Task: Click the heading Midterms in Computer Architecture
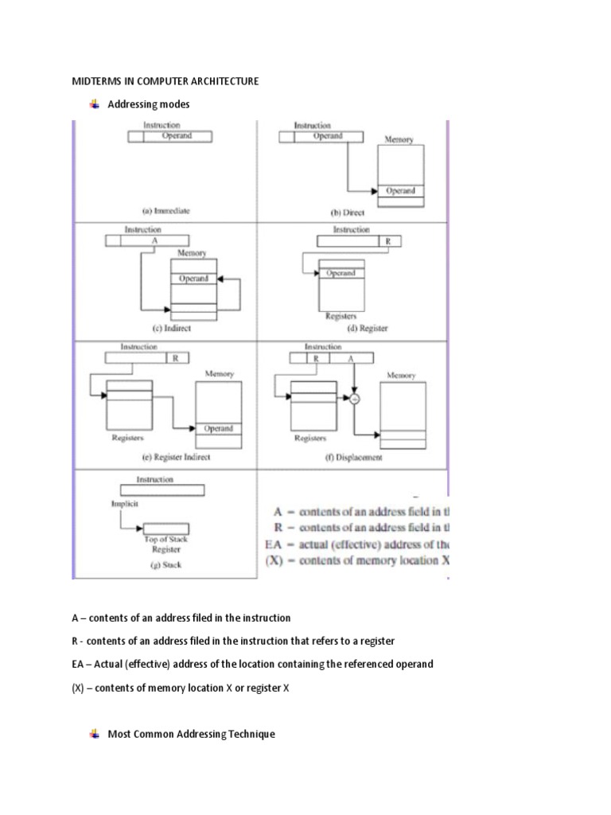pos(165,81)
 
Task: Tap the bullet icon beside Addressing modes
pos(94,104)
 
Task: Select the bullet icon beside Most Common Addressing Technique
pos(94,734)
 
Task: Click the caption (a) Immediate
pos(166,212)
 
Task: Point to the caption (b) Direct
pos(352,213)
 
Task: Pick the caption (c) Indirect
pos(166,328)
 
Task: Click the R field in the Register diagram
pos(387,240)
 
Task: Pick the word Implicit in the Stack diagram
pos(125,504)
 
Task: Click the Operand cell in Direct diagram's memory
pos(400,191)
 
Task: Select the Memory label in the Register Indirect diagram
pos(220,374)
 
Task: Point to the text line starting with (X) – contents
pos(181,688)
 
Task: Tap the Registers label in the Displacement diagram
pos(309,438)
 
